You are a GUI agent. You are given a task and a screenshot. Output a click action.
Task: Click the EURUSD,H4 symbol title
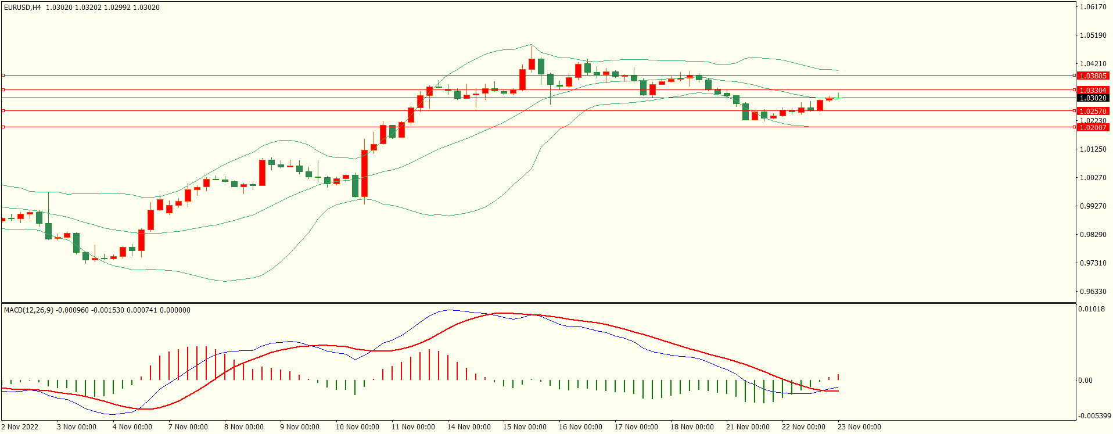click(22, 8)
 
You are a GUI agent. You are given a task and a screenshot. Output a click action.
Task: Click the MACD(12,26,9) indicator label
click(28, 310)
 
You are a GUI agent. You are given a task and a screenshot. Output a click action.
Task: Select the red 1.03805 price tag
click(1093, 76)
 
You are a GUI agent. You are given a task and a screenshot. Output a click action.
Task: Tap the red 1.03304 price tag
click(1093, 91)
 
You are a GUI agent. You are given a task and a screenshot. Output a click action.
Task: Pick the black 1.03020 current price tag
click(1093, 98)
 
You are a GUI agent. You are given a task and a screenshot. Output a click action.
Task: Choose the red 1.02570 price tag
click(1093, 112)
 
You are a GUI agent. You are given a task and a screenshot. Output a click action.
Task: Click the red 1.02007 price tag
click(1093, 128)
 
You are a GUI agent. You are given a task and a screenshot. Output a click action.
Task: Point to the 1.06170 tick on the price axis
click(1093, 7)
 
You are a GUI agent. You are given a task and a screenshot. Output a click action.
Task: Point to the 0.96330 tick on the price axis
click(1093, 292)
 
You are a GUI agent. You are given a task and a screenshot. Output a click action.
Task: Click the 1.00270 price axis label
click(1093, 178)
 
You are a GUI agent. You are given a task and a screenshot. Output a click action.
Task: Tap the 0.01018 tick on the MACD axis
click(1092, 309)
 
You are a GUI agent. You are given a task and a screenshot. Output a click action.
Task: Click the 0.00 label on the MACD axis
click(1085, 381)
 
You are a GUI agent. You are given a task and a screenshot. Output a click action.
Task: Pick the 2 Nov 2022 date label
click(20, 427)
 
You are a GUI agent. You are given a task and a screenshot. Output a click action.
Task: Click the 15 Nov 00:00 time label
click(525, 427)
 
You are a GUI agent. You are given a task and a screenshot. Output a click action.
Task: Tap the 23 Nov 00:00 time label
click(859, 427)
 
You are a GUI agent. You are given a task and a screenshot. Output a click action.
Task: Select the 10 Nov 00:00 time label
click(357, 427)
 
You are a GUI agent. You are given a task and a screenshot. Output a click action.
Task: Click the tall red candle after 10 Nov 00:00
click(365, 173)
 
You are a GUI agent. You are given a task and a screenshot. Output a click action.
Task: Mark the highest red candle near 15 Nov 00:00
click(532, 64)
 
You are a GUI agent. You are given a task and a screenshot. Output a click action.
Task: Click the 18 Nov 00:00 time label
click(692, 427)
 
